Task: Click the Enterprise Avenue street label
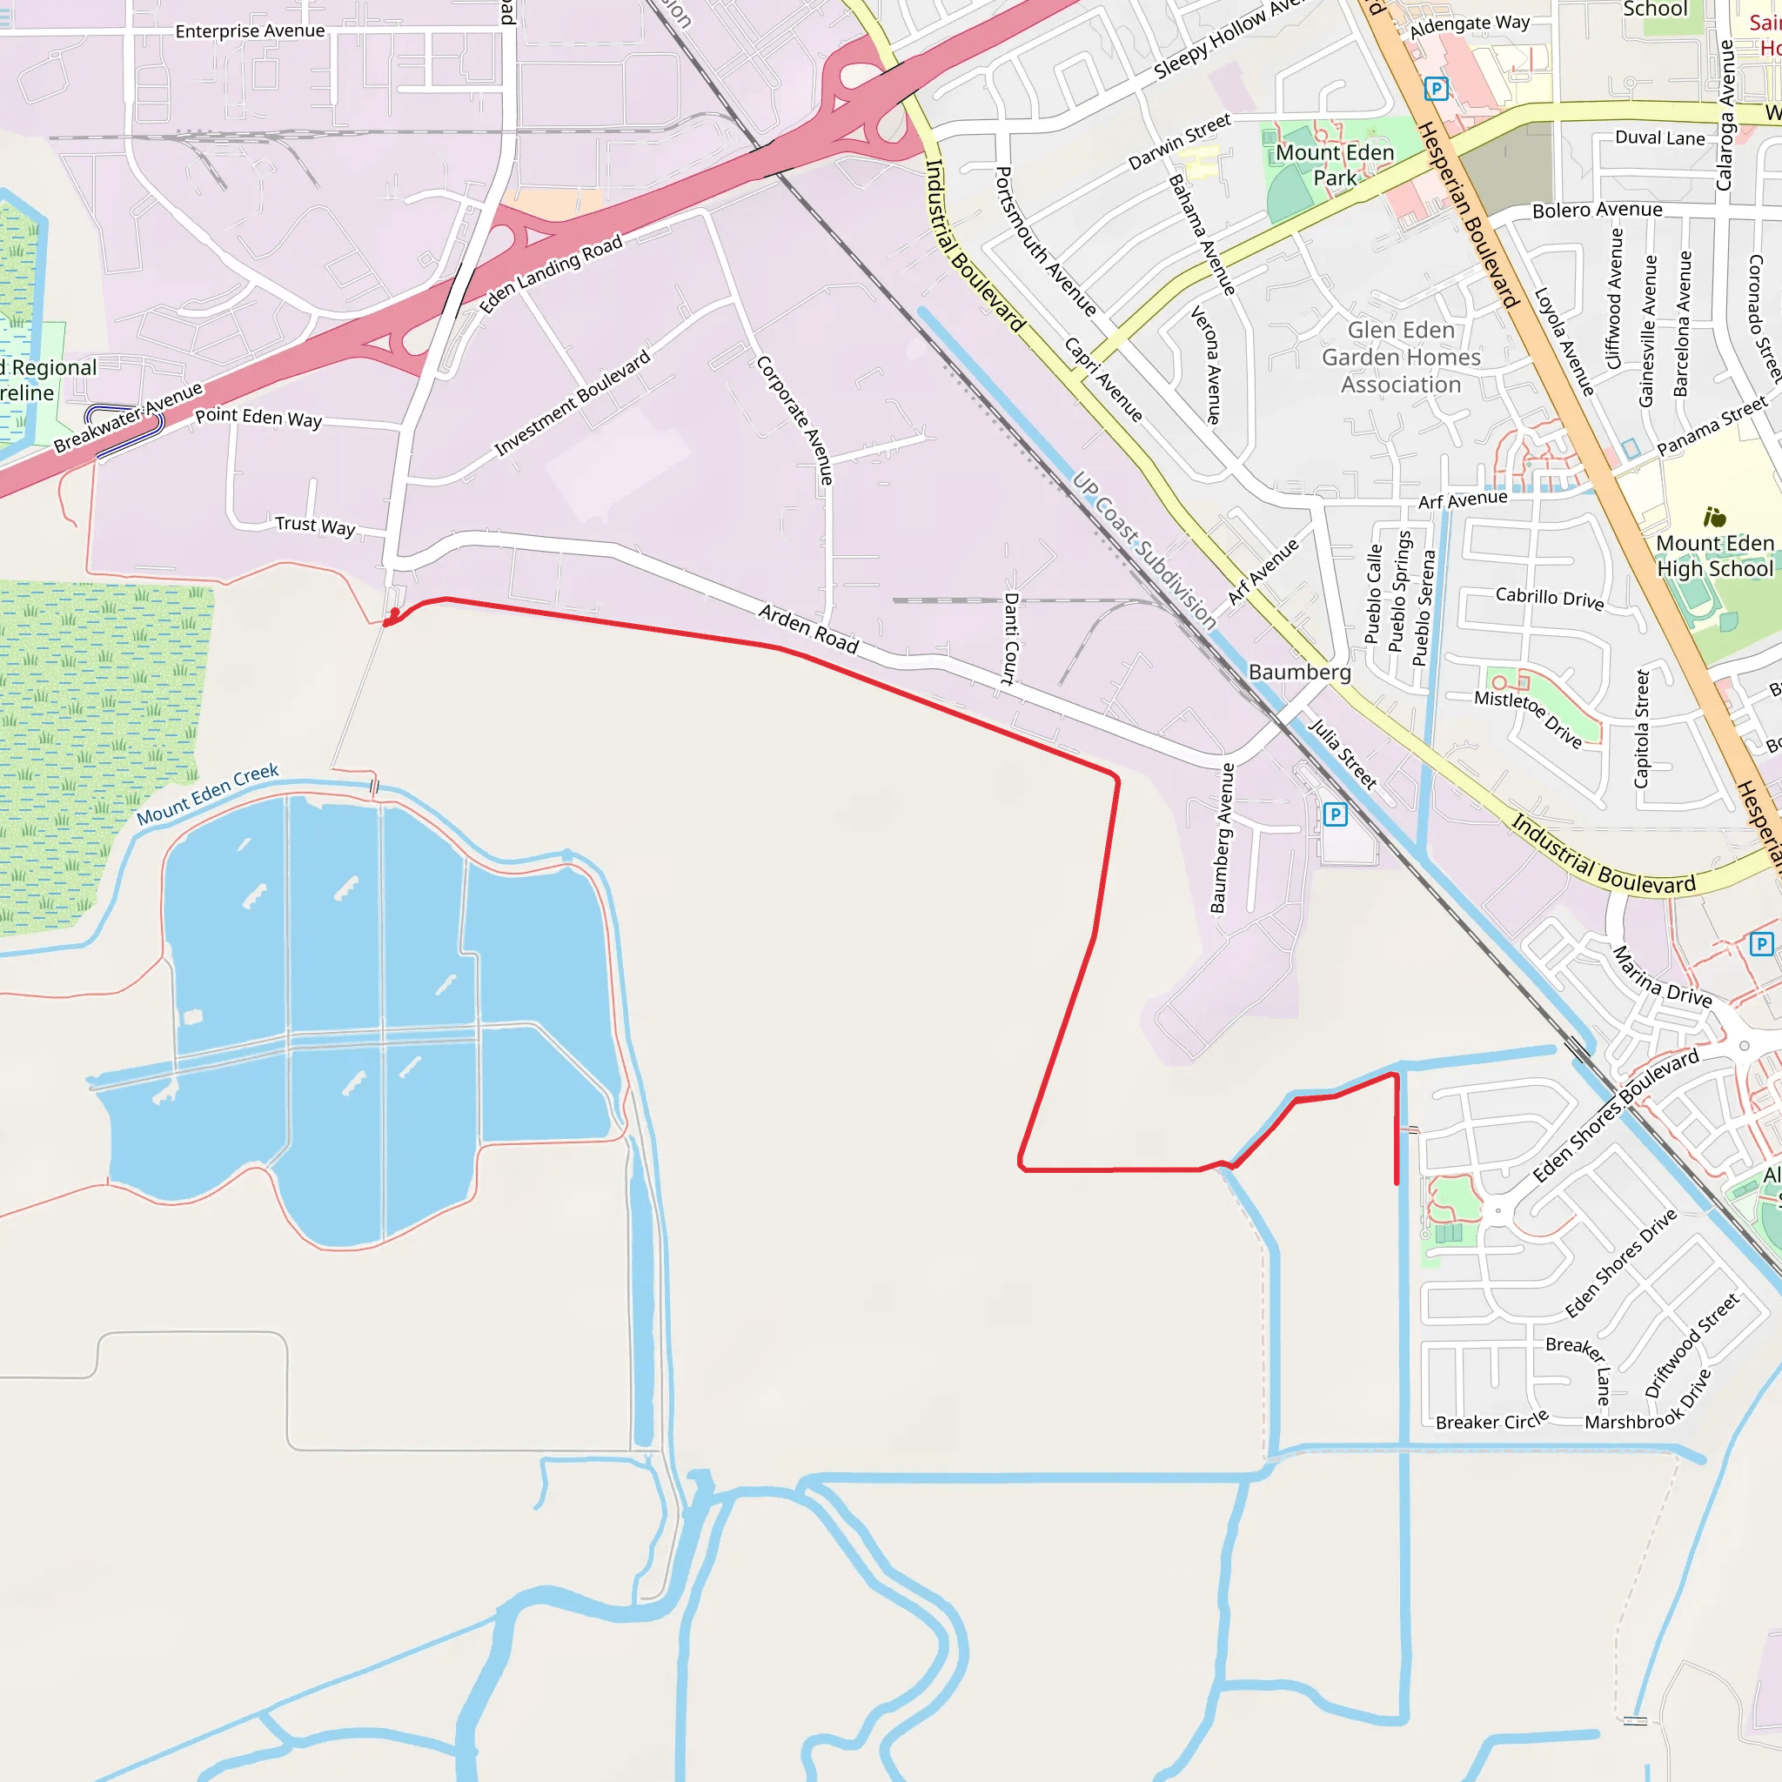[250, 31]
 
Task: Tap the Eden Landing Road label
[551, 274]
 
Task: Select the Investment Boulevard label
[572, 403]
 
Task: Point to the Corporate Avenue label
[795, 419]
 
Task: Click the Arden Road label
[808, 629]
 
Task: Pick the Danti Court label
[1010, 639]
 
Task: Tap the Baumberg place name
[1299, 673]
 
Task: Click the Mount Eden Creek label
[208, 794]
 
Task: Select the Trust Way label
[314, 526]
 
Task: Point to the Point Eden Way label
[258, 418]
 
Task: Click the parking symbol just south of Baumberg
[1335, 814]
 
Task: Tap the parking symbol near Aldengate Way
[1435, 89]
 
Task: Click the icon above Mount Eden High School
[1714, 518]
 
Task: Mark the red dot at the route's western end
[395, 613]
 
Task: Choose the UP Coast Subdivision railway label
[1143, 551]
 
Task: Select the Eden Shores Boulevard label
[1615, 1116]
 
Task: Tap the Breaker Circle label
[1491, 1422]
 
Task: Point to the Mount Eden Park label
[1334, 165]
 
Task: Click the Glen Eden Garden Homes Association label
[1401, 357]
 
